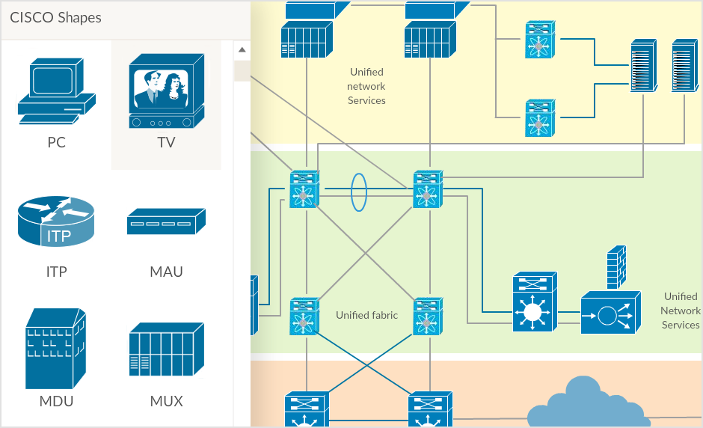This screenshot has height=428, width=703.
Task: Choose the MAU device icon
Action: (166, 222)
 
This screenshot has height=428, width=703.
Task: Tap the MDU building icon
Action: (56, 347)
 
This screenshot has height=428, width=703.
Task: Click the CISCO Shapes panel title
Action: (55, 17)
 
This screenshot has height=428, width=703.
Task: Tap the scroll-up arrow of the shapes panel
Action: (242, 51)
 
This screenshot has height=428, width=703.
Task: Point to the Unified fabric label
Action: (366, 315)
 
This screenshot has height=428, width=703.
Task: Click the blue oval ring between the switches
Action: (360, 192)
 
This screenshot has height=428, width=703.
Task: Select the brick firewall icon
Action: (616, 267)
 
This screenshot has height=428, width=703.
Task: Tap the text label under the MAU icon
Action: (166, 272)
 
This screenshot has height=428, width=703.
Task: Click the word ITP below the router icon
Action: (56, 272)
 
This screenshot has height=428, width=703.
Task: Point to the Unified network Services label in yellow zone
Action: (366, 86)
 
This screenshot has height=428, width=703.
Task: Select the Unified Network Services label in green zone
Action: (681, 311)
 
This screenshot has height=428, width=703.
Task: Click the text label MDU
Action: (56, 401)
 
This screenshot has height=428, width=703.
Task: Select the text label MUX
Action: (166, 401)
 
